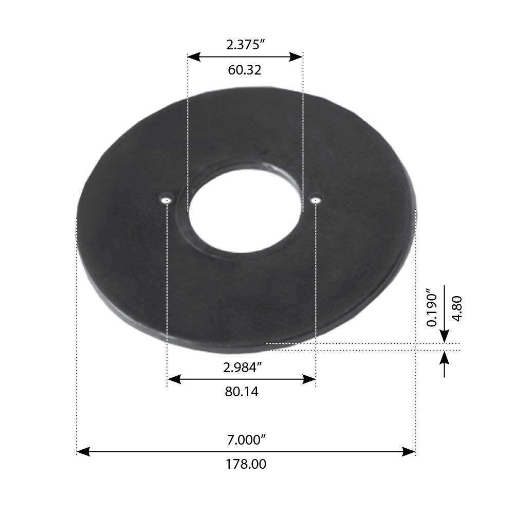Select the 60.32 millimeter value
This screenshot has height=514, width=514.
click(245, 70)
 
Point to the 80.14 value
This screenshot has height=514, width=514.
click(241, 392)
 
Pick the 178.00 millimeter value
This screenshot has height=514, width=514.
click(246, 464)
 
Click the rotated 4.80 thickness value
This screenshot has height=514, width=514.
click(456, 308)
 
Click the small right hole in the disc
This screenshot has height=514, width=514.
click(316, 199)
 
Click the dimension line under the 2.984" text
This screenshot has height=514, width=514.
click(241, 380)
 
